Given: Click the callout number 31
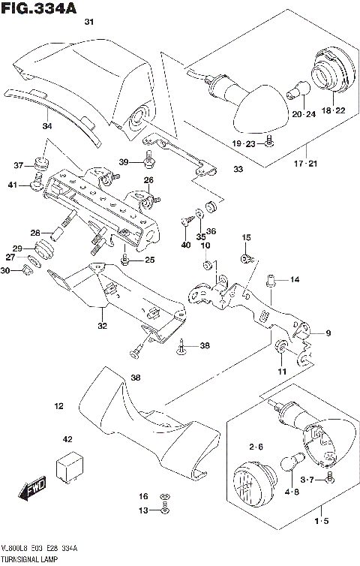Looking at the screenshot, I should [88, 23].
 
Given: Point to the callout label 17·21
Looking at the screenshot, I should [306, 164].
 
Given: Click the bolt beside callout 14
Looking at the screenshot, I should [271, 281].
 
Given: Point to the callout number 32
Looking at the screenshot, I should [101, 325].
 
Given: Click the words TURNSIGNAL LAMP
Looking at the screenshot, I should [29, 559].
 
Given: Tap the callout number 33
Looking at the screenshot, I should [238, 170].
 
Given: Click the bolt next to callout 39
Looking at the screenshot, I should [150, 159].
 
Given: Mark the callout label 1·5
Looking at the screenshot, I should [322, 520].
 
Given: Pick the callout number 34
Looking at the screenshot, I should [46, 126].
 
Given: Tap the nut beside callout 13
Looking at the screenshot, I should [165, 510].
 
